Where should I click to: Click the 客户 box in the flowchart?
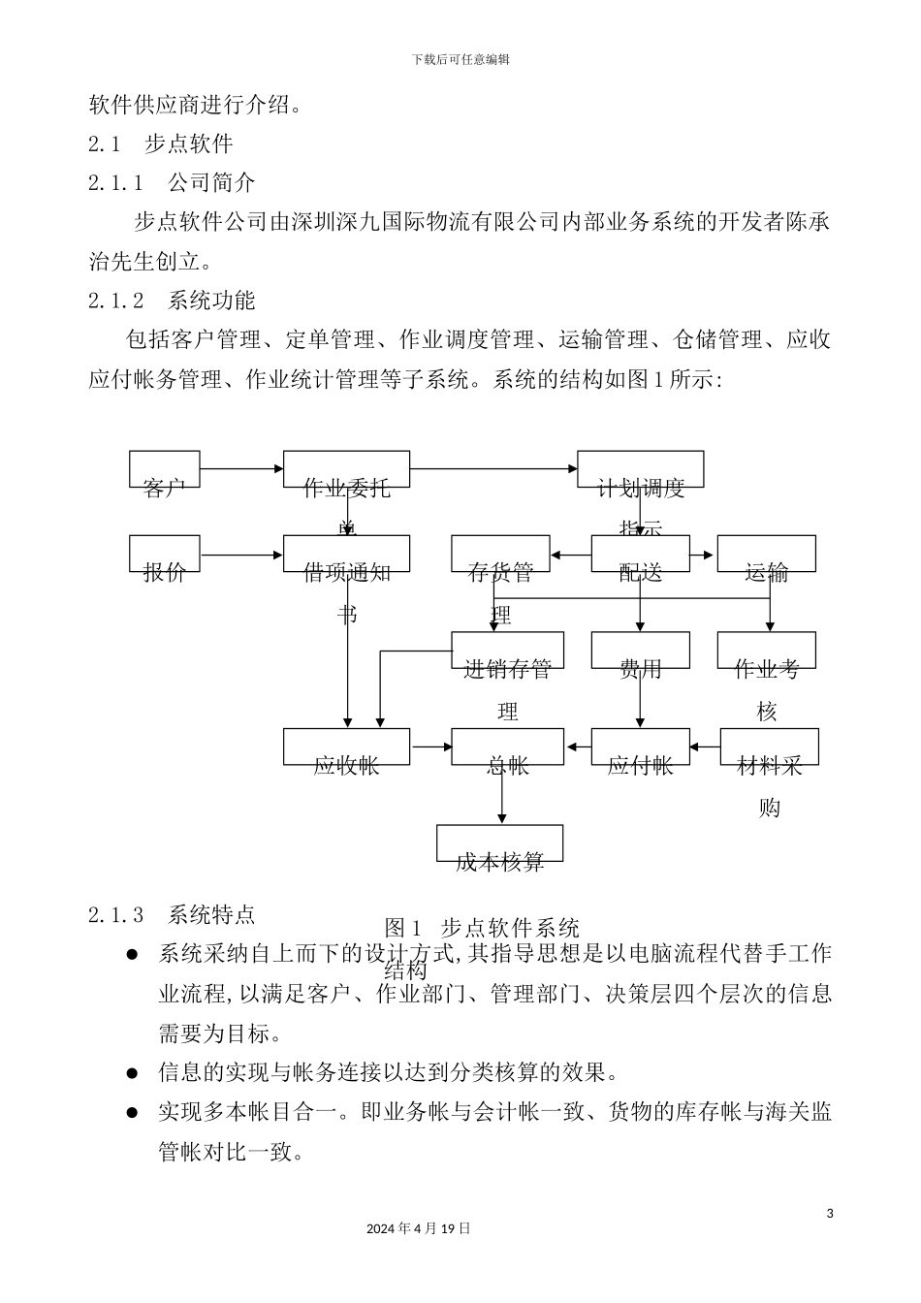165,469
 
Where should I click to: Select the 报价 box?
165,554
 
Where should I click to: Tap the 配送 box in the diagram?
640,554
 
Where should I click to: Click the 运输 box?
766,554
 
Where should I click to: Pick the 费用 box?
640,651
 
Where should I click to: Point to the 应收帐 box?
346,747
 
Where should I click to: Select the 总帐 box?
507,747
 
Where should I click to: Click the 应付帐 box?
640,747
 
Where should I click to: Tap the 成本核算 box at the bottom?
499,843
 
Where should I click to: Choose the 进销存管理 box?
507,651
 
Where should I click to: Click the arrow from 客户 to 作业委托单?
241,469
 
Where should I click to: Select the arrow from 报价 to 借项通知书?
241,555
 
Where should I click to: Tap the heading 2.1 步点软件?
161,144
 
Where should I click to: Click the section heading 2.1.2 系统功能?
172,301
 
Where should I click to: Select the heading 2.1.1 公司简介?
172,183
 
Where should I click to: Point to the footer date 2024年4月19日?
419,1228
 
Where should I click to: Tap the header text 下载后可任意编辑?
460,59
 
